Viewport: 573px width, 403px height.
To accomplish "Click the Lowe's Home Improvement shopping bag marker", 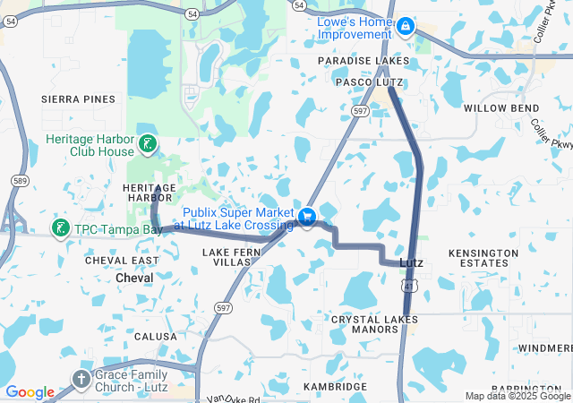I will (405, 27).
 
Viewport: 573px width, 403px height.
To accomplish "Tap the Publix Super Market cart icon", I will (307, 217).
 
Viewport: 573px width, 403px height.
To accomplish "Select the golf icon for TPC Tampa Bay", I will (61, 228).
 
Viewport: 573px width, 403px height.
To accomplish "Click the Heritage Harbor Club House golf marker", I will (147, 143).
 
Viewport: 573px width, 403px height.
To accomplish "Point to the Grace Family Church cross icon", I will (81, 380).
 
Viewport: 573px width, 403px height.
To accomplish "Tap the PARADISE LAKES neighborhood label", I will (364, 61).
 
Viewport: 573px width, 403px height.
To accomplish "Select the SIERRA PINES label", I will (78, 99).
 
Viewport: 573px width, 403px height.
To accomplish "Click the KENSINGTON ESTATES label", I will (483, 258).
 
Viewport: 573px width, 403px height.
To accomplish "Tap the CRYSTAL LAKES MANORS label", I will (374, 324).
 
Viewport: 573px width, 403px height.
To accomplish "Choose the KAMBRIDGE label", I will (335, 386).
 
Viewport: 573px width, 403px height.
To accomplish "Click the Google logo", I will (30, 392).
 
